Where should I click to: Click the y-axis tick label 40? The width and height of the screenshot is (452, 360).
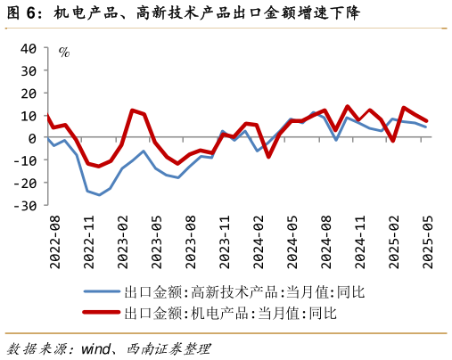click(27, 48)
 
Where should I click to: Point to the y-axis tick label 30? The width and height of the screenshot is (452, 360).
click(27, 70)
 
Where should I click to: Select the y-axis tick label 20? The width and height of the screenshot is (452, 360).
click(27, 93)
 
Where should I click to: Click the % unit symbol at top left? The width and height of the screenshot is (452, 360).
click(64, 52)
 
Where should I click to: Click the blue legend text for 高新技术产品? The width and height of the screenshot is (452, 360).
click(244, 291)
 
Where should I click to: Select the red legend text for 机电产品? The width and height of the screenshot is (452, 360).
click(231, 313)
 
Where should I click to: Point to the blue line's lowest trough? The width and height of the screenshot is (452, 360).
click(100, 194)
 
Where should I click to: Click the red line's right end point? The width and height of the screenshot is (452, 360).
click(426, 121)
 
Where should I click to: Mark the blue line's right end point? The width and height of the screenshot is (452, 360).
click(426, 127)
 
